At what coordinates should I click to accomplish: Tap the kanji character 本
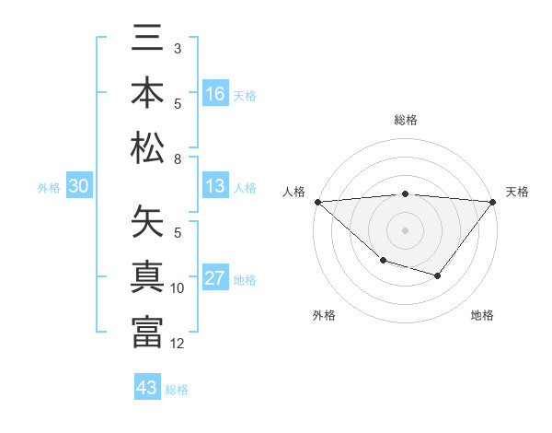(147, 95)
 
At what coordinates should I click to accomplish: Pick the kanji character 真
(147, 276)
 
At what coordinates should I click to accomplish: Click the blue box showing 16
(215, 94)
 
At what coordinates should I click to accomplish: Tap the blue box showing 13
(215, 187)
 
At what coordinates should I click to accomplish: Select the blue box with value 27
(215, 279)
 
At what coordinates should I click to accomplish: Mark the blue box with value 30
(78, 187)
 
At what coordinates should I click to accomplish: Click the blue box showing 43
(147, 388)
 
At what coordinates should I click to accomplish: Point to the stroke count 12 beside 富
(178, 344)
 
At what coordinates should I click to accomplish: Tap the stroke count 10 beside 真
(178, 288)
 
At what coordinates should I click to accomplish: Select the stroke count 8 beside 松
(178, 159)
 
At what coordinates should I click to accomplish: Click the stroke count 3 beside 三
(178, 48)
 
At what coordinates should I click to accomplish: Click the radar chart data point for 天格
(493, 201)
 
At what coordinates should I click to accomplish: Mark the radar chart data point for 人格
(317, 201)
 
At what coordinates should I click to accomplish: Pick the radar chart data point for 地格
(438, 275)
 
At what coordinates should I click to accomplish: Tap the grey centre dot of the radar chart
(405, 229)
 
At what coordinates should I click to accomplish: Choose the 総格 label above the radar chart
(405, 120)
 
